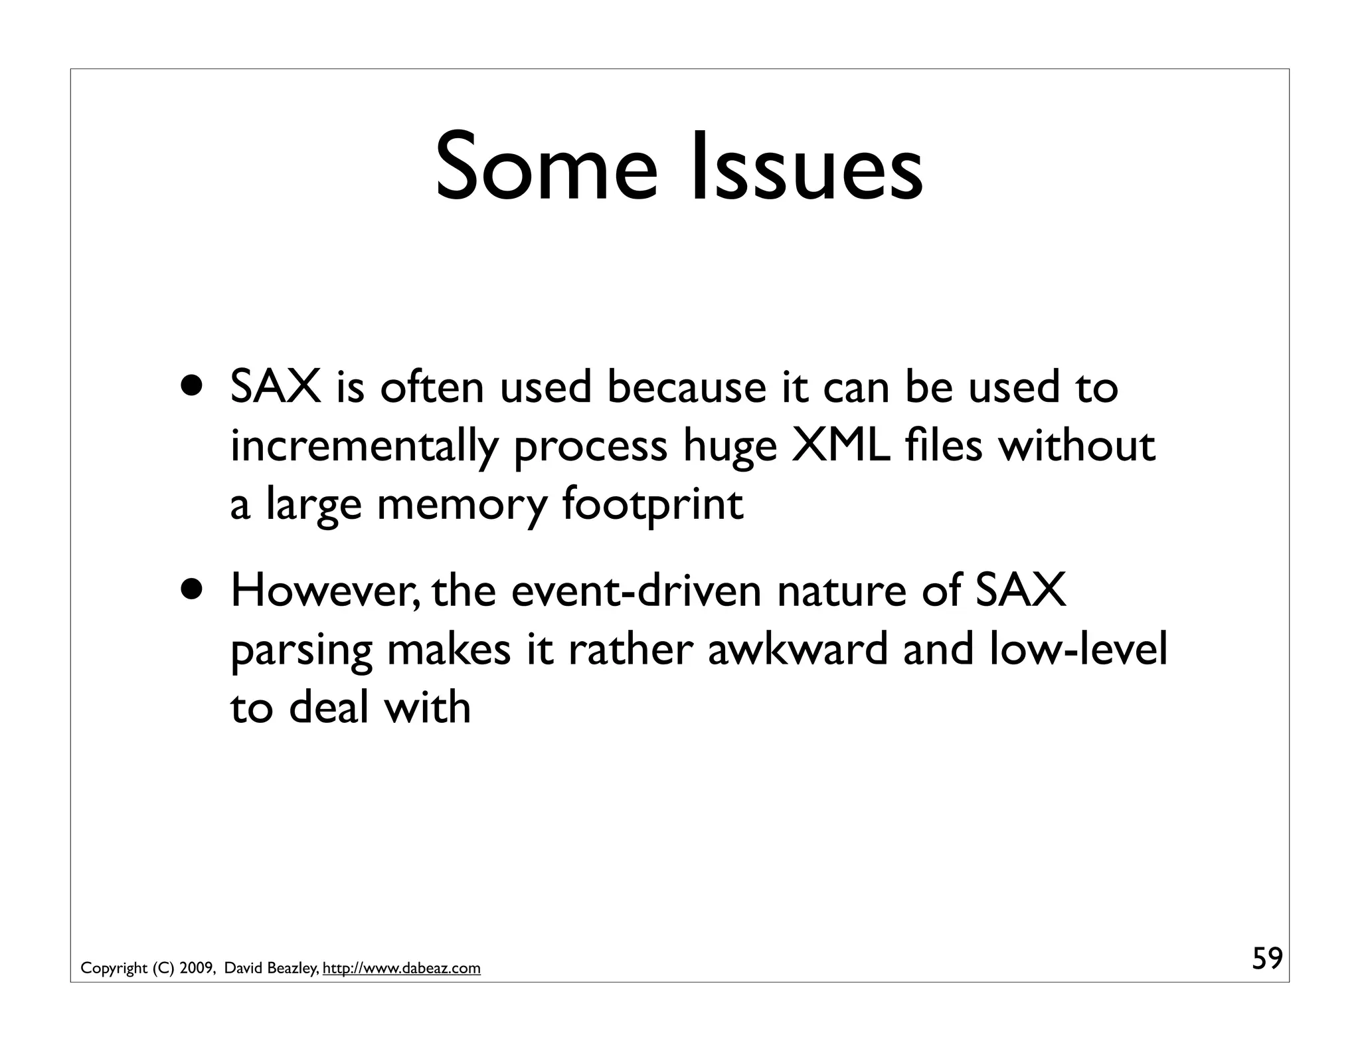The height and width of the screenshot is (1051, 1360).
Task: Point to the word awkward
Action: pyautogui.click(x=797, y=648)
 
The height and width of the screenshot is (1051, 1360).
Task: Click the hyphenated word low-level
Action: pyautogui.click(x=1077, y=648)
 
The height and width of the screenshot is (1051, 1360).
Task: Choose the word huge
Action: pyautogui.click(x=730, y=448)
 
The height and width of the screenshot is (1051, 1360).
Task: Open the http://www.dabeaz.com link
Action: pyautogui.click(x=401, y=969)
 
